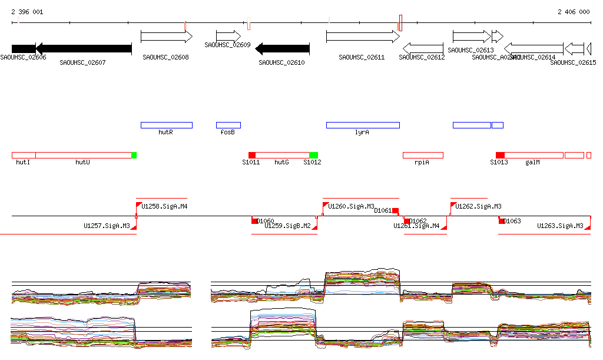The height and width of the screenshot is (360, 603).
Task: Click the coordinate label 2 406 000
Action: click(x=573, y=12)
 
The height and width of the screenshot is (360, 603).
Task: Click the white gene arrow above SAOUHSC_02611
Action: click(x=363, y=37)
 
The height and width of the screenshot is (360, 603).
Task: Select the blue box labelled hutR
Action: click(x=166, y=125)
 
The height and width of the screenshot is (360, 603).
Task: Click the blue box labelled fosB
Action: click(x=228, y=125)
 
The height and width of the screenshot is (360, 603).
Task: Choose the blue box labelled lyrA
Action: click(x=363, y=125)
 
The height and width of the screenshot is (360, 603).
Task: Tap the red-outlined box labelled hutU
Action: click(x=83, y=155)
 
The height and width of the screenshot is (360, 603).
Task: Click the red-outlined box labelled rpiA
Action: click(x=423, y=155)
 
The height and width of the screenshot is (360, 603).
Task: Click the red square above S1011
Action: click(x=252, y=155)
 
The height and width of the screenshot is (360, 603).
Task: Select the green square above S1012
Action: click(x=314, y=155)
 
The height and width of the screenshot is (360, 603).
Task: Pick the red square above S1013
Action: click(x=500, y=155)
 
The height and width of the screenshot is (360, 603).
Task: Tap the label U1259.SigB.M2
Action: click(x=287, y=226)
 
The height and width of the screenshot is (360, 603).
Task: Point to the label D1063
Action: click(x=513, y=221)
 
